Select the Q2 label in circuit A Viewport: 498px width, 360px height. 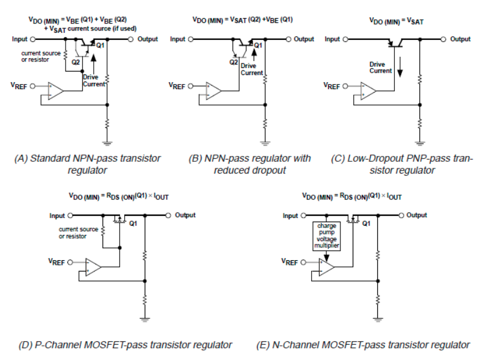coord(76,62)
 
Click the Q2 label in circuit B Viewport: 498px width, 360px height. coord(234,62)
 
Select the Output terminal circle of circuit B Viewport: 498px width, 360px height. coord(288,39)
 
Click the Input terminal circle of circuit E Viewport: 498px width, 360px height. coord(303,216)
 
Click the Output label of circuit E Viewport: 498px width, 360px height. coord(417,215)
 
